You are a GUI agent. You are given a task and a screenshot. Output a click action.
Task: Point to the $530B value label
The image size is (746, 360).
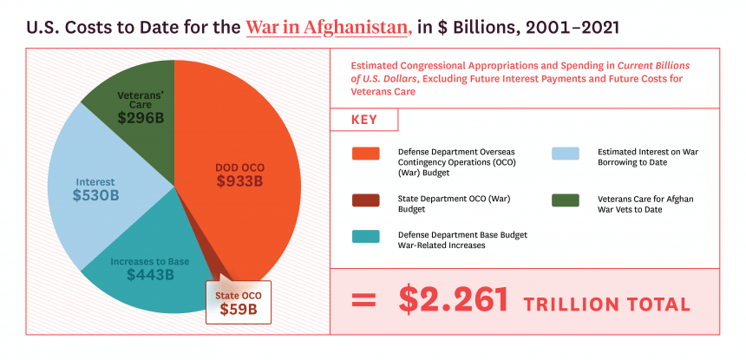(95, 196)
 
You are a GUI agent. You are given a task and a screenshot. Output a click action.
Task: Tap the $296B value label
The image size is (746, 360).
(141, 118)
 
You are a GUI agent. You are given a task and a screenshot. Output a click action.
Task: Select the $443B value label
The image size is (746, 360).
(150, 275)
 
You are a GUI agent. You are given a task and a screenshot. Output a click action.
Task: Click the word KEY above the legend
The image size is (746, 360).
(364, 120)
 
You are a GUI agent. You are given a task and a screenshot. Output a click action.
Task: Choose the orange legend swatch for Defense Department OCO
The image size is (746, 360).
(366, 154)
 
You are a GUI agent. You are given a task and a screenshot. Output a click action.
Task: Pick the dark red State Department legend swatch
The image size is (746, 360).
(366, 200)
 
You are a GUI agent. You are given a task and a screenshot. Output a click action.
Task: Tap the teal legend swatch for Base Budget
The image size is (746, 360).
(366, 237)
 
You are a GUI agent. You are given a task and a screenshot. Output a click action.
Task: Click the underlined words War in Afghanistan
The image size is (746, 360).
(328, 26)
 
